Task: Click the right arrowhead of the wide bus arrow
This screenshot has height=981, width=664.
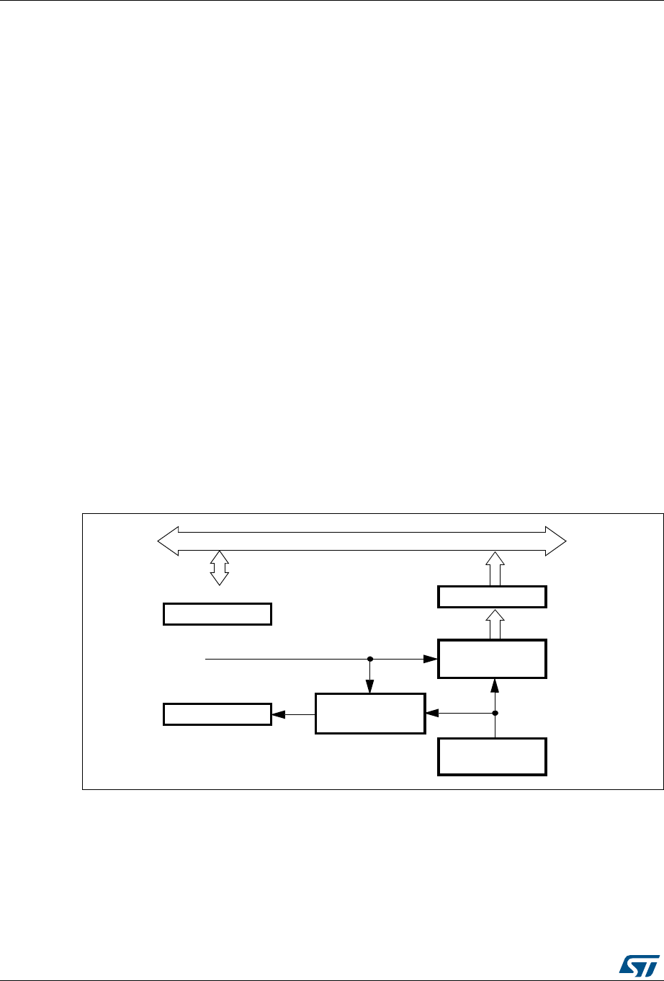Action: coord(556,541)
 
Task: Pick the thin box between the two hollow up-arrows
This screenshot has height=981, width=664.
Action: coord(492,597)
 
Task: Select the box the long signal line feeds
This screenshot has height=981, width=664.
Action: coord(492,658)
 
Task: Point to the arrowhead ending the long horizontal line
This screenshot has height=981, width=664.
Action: coord(430,659)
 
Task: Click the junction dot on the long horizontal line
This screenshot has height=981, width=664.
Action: coord(369,659)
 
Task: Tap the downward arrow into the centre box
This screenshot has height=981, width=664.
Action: coord(369,688)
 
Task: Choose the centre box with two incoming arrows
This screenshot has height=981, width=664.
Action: coord(369,714)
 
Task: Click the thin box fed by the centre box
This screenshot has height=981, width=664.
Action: coord(217,714)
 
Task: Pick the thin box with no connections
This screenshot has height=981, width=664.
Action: coord(217,614)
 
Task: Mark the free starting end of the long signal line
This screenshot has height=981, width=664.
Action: coord(206,659)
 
